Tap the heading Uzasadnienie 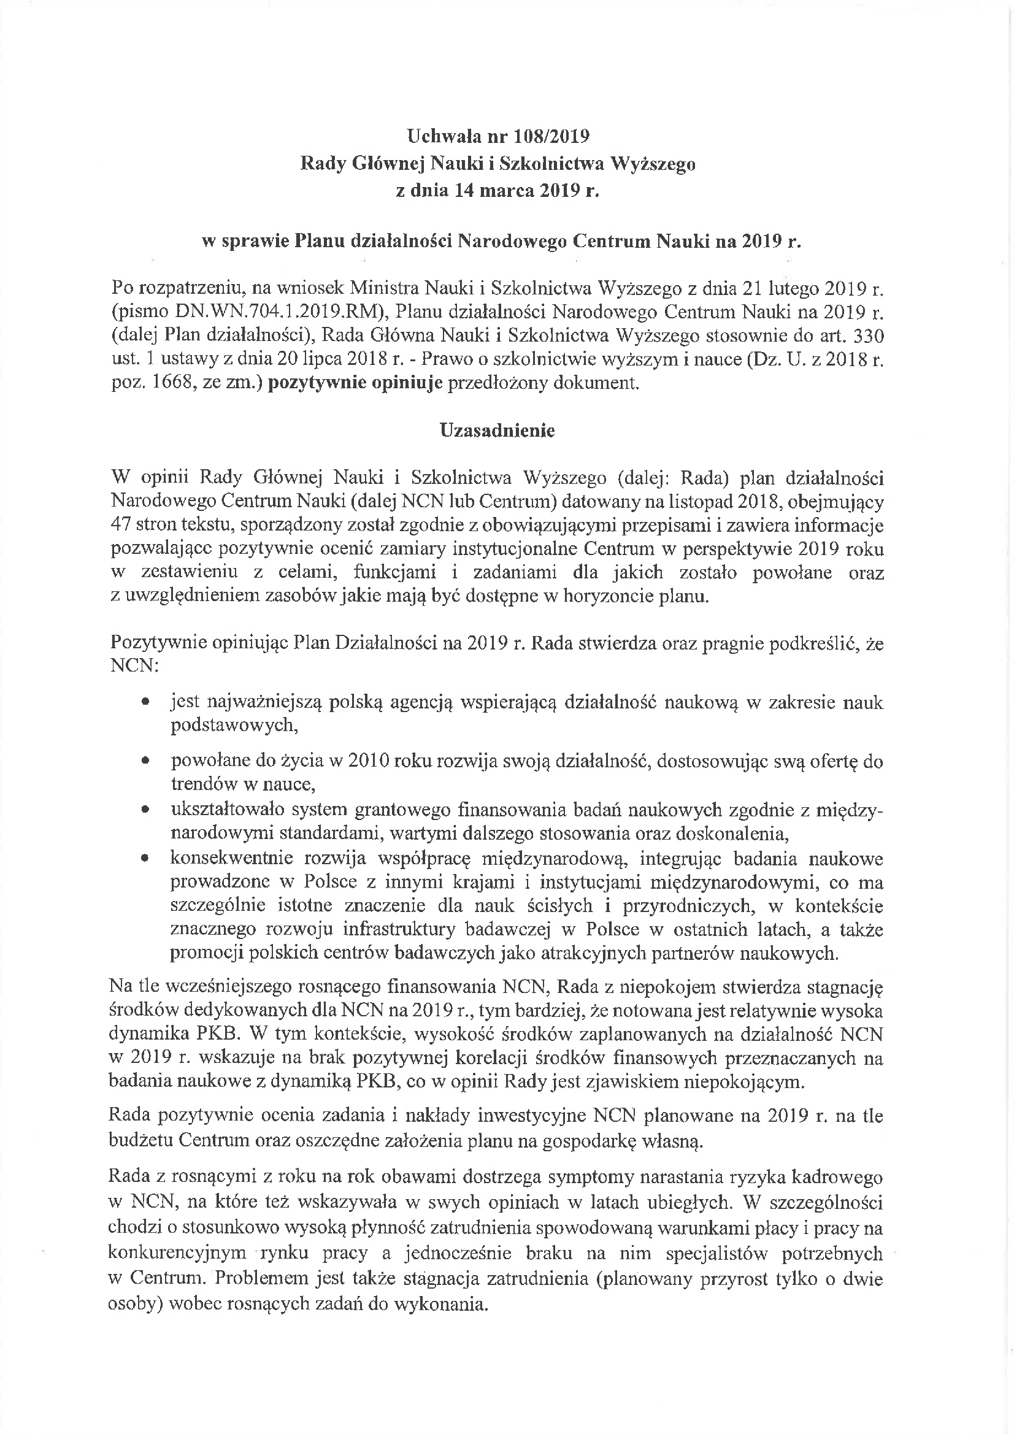click(497, 431)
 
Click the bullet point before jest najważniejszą click(145, 703)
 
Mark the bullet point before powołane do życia click(145, 761)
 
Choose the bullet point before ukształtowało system click(145, 810)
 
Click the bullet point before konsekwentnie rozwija click(145, 859)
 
